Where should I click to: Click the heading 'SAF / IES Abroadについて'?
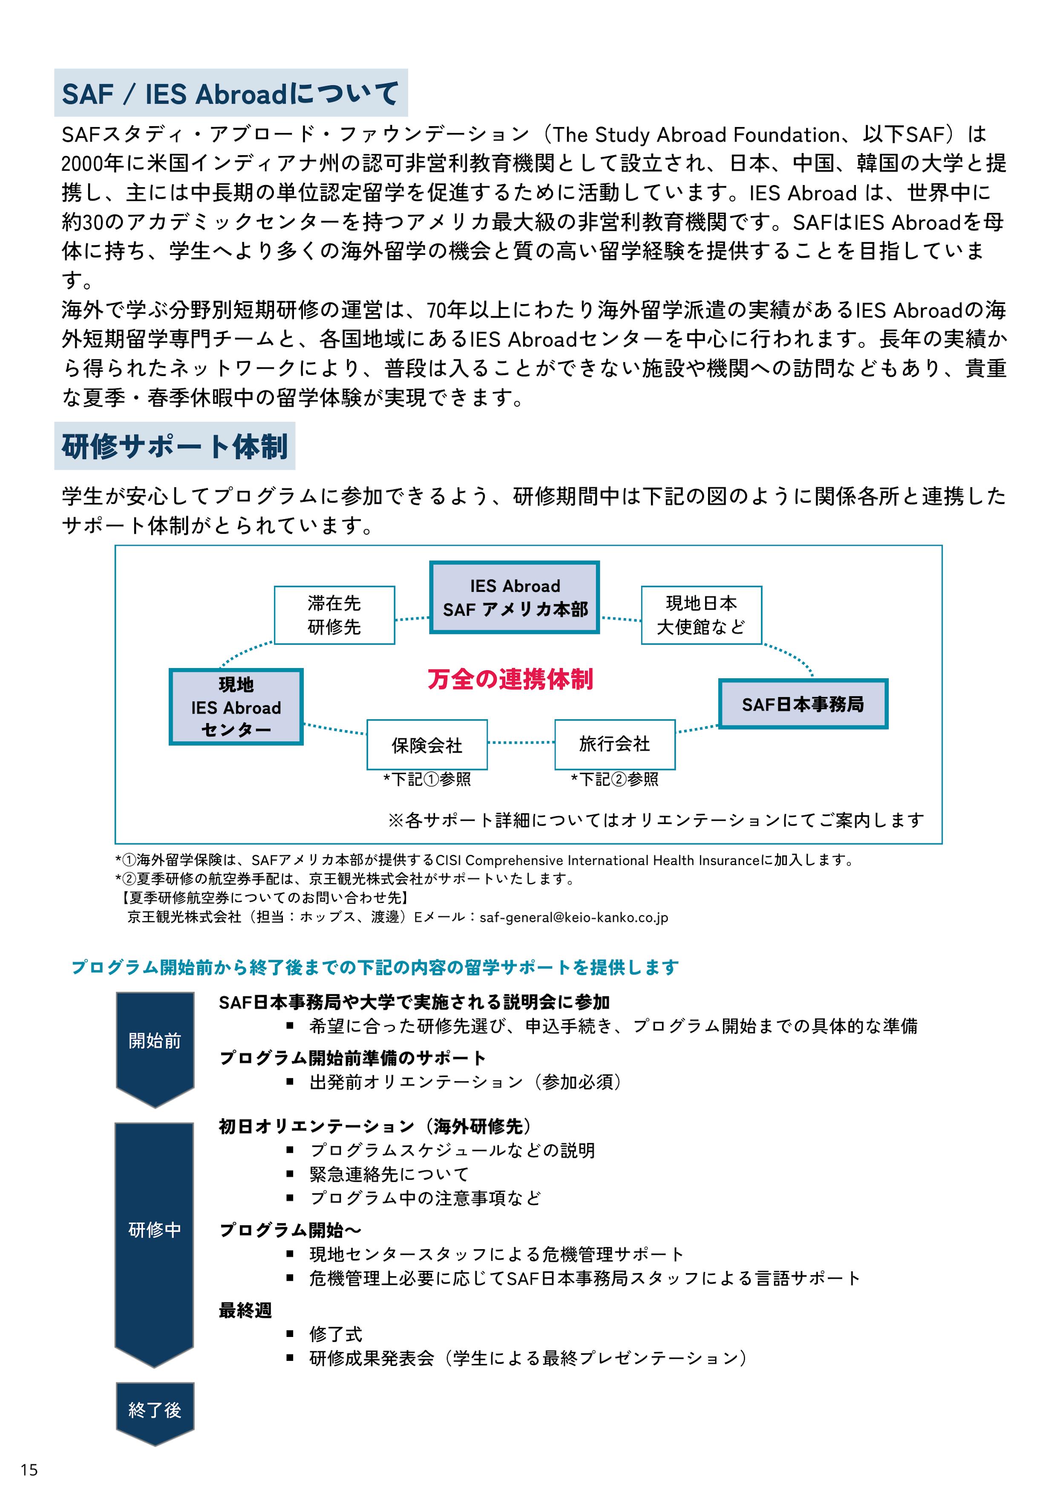pyautogui.click(x=230, y=93)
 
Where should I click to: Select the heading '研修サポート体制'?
pyautogui.click(x=175, y=446)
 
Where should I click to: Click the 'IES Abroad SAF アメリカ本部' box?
pyautogui.click(x=515, y=597)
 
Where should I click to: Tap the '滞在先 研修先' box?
pyautogui.click(x=334, y=615)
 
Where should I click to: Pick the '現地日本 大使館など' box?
pyautogui.click(x=701, y=615)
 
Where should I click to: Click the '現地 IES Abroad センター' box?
pyautogui.click(x=236, y=707)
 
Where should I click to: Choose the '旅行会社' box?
pyautogui.click(x=614, y=744)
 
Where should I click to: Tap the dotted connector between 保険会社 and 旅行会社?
pyautogui.click(x=521, y=743)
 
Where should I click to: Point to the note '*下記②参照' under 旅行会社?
pyautogui.click(x=614, y=779)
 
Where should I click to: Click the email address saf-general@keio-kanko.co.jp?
pyautogui.click(x=574, y=917)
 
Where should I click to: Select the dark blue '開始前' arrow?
pyautogui.click(x=155, y=1041)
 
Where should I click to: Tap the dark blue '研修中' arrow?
pyautogui.click(x=154, y=1230)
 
